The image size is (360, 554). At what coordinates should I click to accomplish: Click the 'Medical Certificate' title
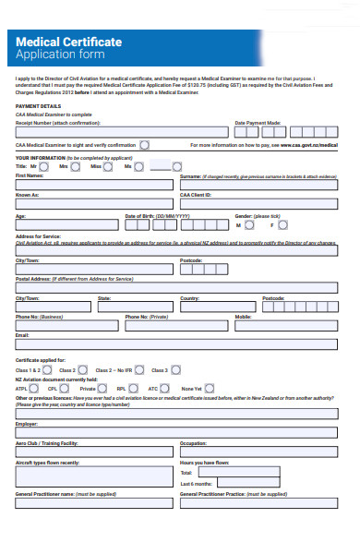pyautogui.click(x=69, y=42)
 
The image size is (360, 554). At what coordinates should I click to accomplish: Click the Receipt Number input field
pyautogui.click(x=119, y=132)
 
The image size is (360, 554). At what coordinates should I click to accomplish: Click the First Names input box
pyautogui.click(x=93, y=186)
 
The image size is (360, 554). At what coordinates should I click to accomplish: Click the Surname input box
pyautogui.click(x=258, y=186)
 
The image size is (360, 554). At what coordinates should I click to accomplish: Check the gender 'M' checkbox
pyautogui.click(x=248, y=225)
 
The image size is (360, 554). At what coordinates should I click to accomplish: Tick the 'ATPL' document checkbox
pyautogui.click(x=37, y=388)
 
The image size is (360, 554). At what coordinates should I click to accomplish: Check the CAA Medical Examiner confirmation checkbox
pyautogui.click(x=145, y=145)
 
